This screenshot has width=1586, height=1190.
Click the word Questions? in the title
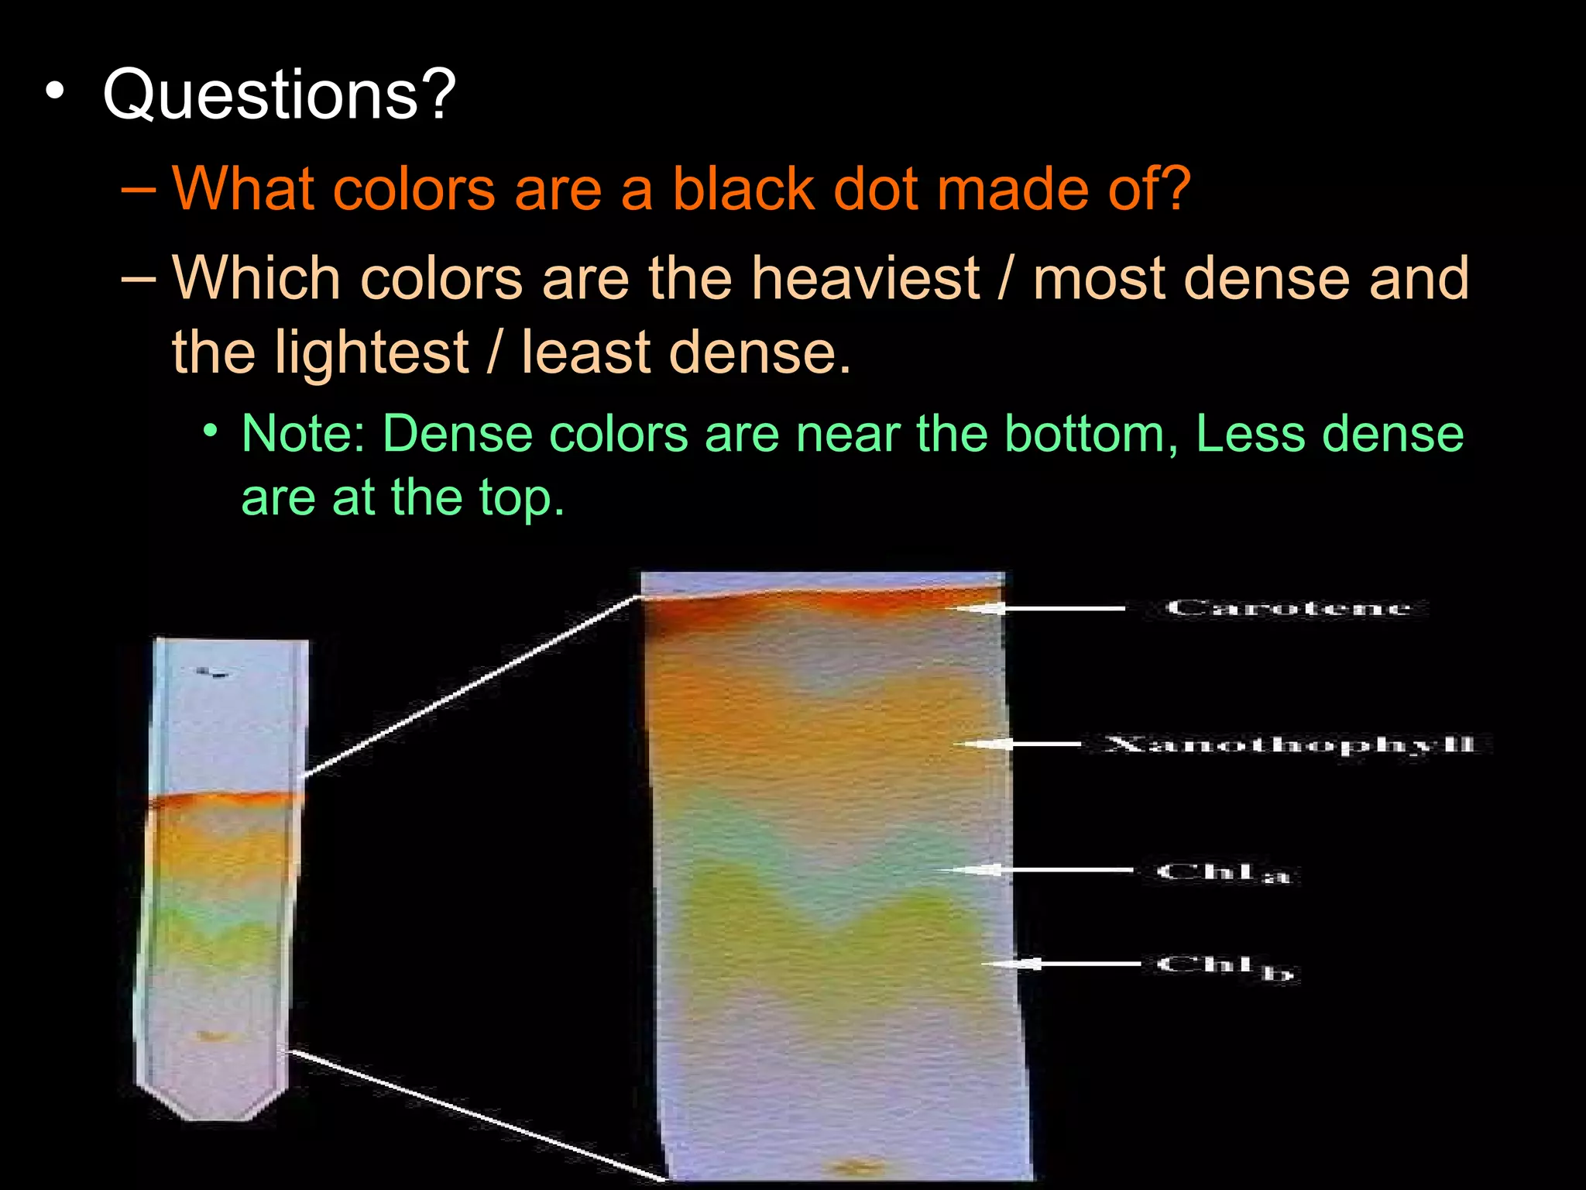click(279, 95)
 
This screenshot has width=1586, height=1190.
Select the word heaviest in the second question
click(865, 278)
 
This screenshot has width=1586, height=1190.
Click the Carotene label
click(1289, 608)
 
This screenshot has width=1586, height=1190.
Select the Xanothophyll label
click(1289, 745)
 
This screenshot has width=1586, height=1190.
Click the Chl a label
click(1224, 872)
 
